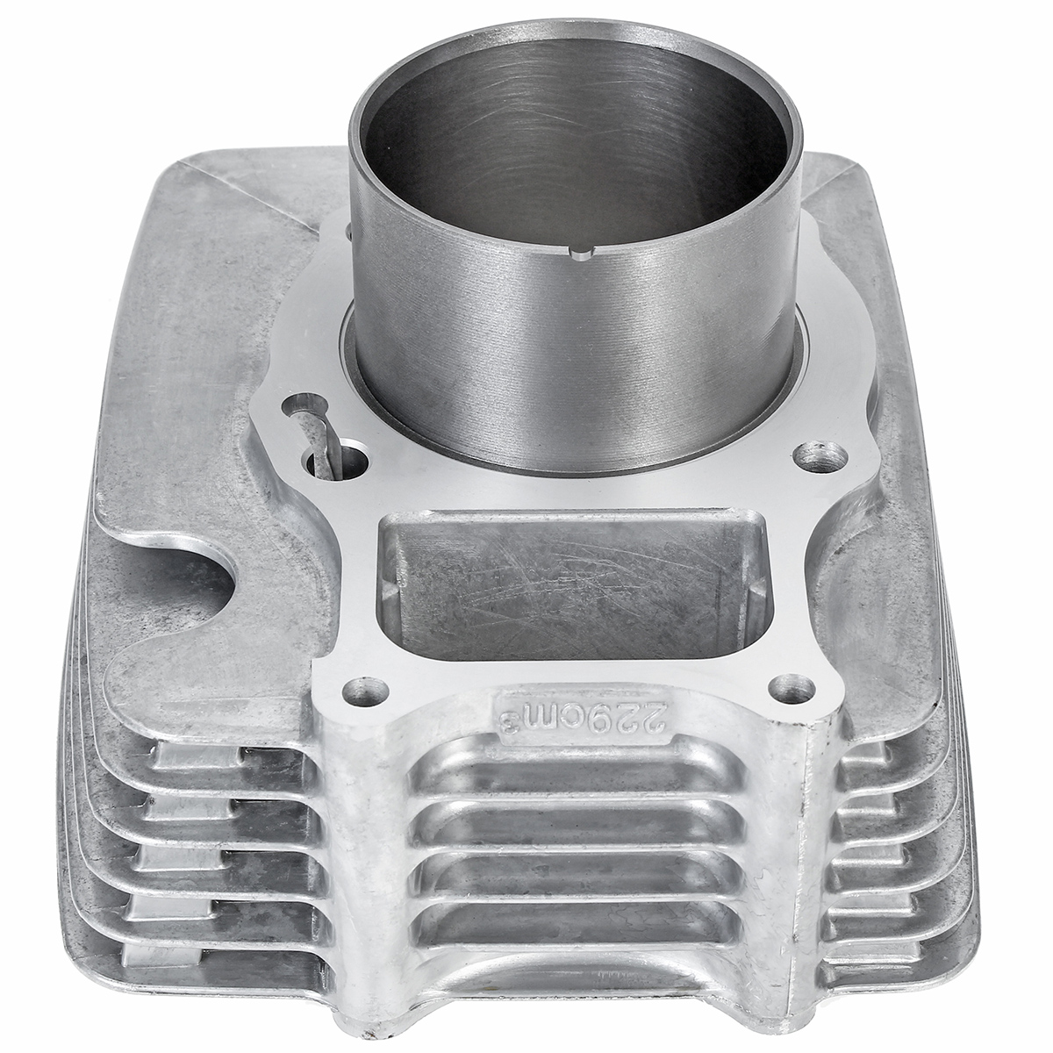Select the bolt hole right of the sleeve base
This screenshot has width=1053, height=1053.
pos(823,456)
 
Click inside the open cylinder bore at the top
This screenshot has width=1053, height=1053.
pos(575,132)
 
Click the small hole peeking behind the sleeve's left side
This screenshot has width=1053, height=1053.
pos(348,230)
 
